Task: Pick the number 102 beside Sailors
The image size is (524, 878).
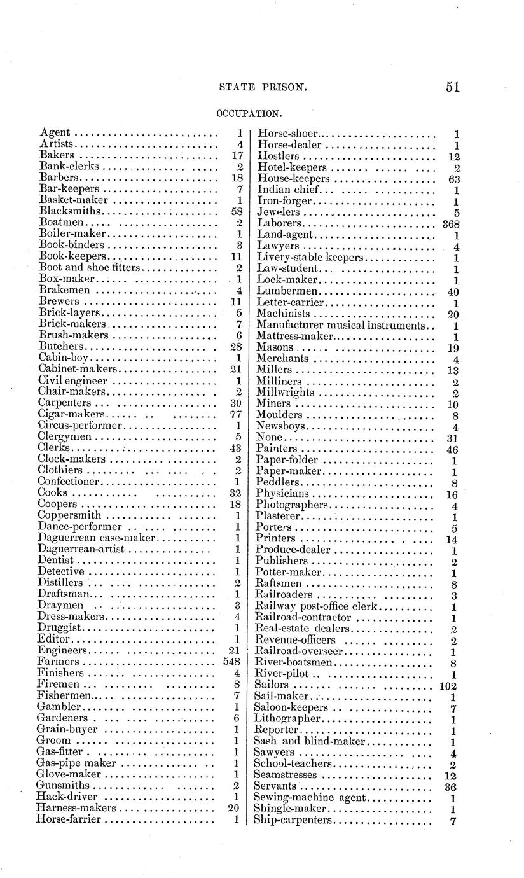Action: pyautogui.click(x=449, y=685)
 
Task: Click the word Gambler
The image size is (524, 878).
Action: pyautogui.click(x=59, y=707)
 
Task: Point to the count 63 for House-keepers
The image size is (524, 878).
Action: pyautogui.click(x=453, y=179)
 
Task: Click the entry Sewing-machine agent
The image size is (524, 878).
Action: pyautogui.click(x=310, y=798)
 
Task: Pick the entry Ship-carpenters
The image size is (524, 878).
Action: pyautogui.click(x=293, y=820)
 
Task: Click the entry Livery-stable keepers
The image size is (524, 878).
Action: pyautogui.click(x=310, y=258)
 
